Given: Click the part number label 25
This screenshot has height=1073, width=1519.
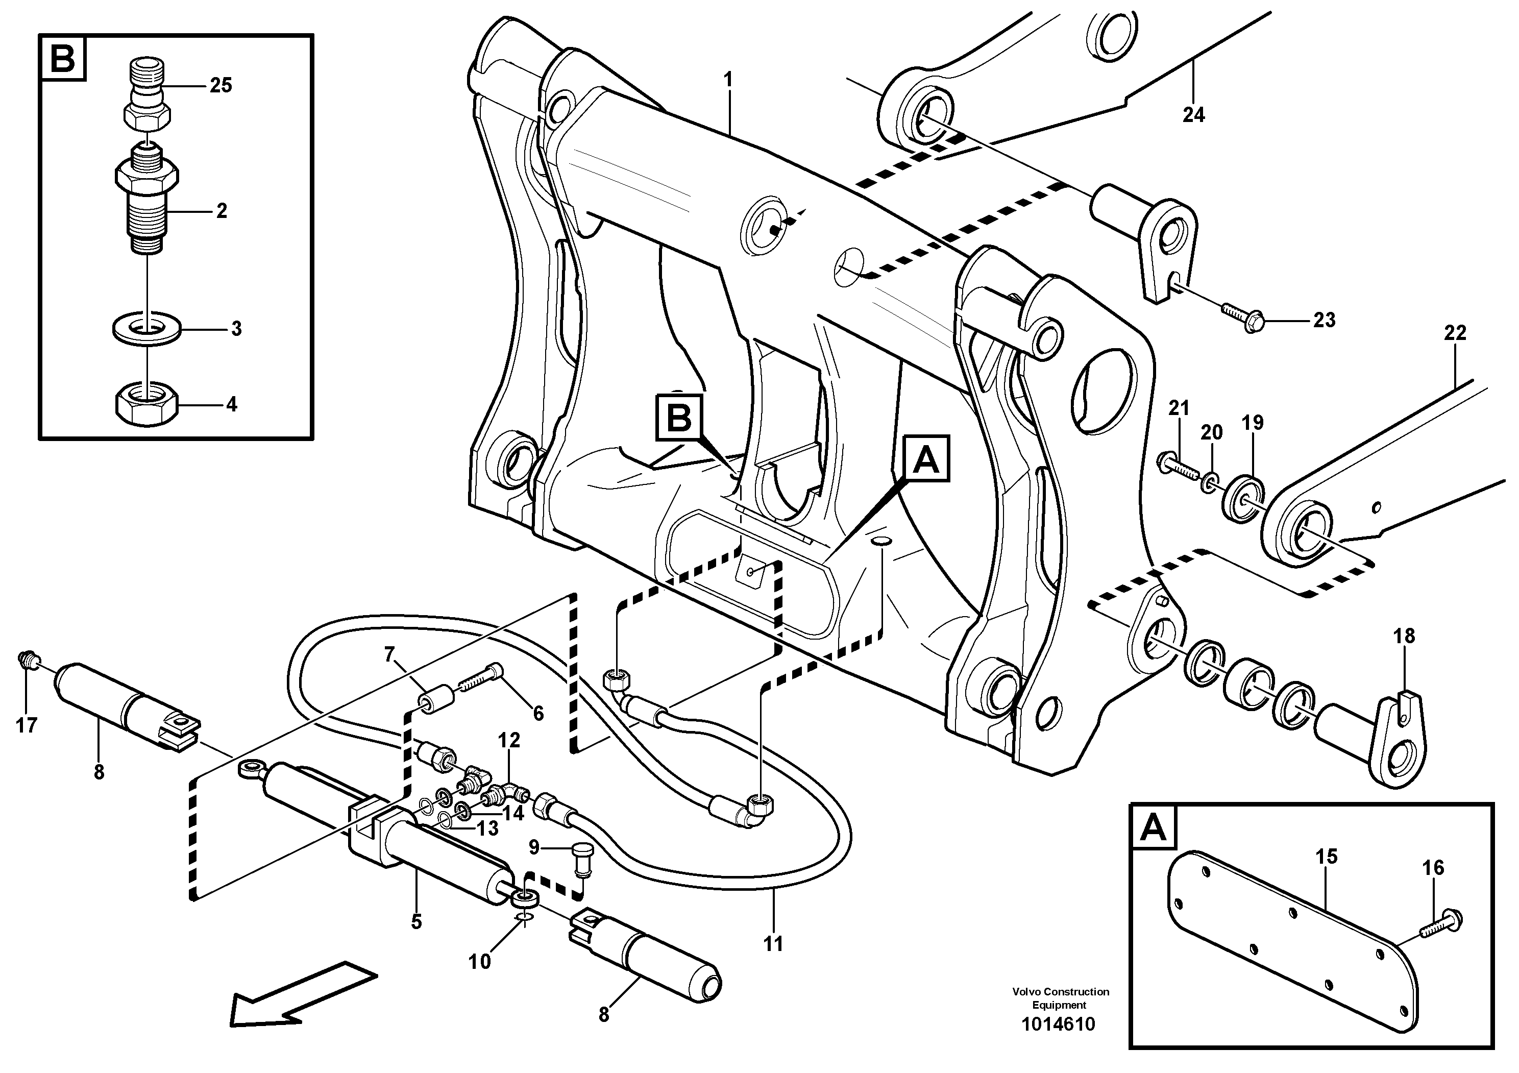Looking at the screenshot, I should [220, 85].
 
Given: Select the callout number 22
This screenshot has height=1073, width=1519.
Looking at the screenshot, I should [1455, 333].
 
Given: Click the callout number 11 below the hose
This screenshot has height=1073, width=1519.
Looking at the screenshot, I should [772, 944].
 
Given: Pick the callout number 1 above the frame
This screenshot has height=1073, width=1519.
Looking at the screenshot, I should [728, 81].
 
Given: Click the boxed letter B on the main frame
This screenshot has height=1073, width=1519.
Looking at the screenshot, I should [679, 418].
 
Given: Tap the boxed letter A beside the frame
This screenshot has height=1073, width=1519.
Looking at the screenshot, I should [925, 458].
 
